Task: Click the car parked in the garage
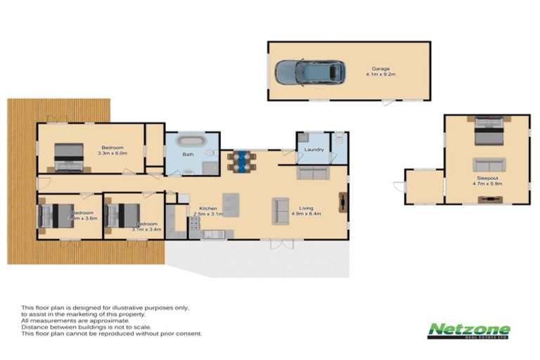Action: (x=310, y=71)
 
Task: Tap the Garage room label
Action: (x=380, y=69)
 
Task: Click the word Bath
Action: (x=188, y=154)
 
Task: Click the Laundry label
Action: (x=314, y=149)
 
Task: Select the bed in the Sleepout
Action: (x=487, y=131)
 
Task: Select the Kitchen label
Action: (x=207, y=209)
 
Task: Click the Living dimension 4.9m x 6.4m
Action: (x=306, y=214)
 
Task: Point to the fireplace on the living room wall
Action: (x=342, y=202)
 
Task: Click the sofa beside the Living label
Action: (x=281, y=210)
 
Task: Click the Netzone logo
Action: (x=469, y=331)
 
